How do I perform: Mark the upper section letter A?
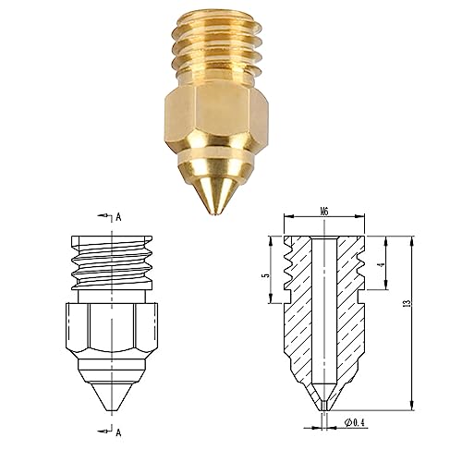click(119, 218)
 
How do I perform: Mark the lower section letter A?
click(119, 431)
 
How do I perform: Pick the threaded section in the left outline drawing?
click(110, 263)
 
